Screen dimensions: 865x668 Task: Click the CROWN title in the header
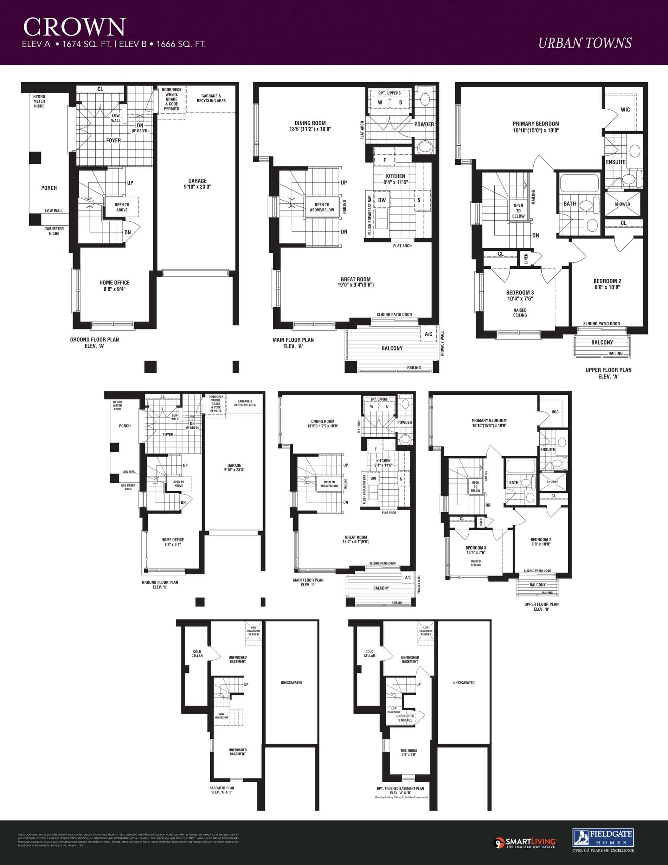click(x=75, y=27)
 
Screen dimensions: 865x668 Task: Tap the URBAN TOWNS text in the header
click(x=585, y=43)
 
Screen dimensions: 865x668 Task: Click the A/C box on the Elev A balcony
click(x=428, y=334)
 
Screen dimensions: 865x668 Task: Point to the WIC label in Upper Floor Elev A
click(x=625, y=109)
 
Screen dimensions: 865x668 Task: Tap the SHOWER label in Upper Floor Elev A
click(x=622, y=204)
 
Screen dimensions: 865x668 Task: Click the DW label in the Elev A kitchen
click(x=381, y=200)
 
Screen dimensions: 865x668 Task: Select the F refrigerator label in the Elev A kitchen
click(x=384, y=160)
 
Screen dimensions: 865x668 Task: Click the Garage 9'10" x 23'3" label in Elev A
click(x=198, y=184)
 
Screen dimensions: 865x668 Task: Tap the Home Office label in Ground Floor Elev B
click(x=173, y=542)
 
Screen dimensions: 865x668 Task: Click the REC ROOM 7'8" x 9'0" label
click(x=409, y=752)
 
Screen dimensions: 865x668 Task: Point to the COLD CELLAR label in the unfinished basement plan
click(x=197, y=654)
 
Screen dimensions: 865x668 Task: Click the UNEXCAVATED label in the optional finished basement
click(x=463, y=682)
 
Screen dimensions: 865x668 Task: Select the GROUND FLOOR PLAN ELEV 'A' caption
click(x=94, y=343)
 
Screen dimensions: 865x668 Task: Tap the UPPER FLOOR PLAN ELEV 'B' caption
click(x=541, y=606)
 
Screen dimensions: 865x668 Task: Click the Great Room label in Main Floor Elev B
click(x=356, y=539)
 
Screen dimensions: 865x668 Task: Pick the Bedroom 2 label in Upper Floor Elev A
click(x=608, y=284)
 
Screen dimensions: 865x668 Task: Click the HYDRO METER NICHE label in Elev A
click(x=39, y=101)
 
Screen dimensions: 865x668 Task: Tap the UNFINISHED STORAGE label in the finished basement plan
click(x=405, y=718)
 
